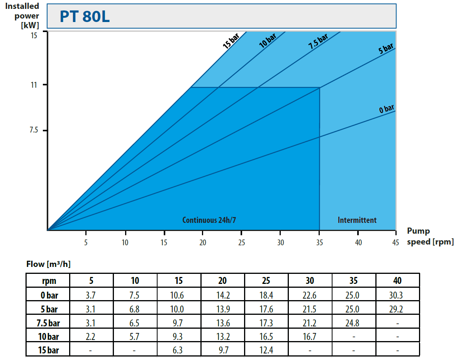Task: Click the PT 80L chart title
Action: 85,17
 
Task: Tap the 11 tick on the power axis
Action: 34,85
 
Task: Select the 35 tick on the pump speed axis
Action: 319,242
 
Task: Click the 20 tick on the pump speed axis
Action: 203,242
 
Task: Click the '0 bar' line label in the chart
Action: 386,108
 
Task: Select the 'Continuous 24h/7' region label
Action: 209,220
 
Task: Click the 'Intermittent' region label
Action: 357,220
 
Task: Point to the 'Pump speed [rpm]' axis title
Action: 430,236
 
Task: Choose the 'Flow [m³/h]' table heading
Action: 48,265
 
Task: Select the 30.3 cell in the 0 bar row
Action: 397,295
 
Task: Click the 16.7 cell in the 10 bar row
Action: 310,336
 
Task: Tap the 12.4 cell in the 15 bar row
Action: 266,350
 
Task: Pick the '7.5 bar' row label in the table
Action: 48,323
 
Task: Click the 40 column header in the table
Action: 397,281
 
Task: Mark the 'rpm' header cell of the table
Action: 48,281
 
